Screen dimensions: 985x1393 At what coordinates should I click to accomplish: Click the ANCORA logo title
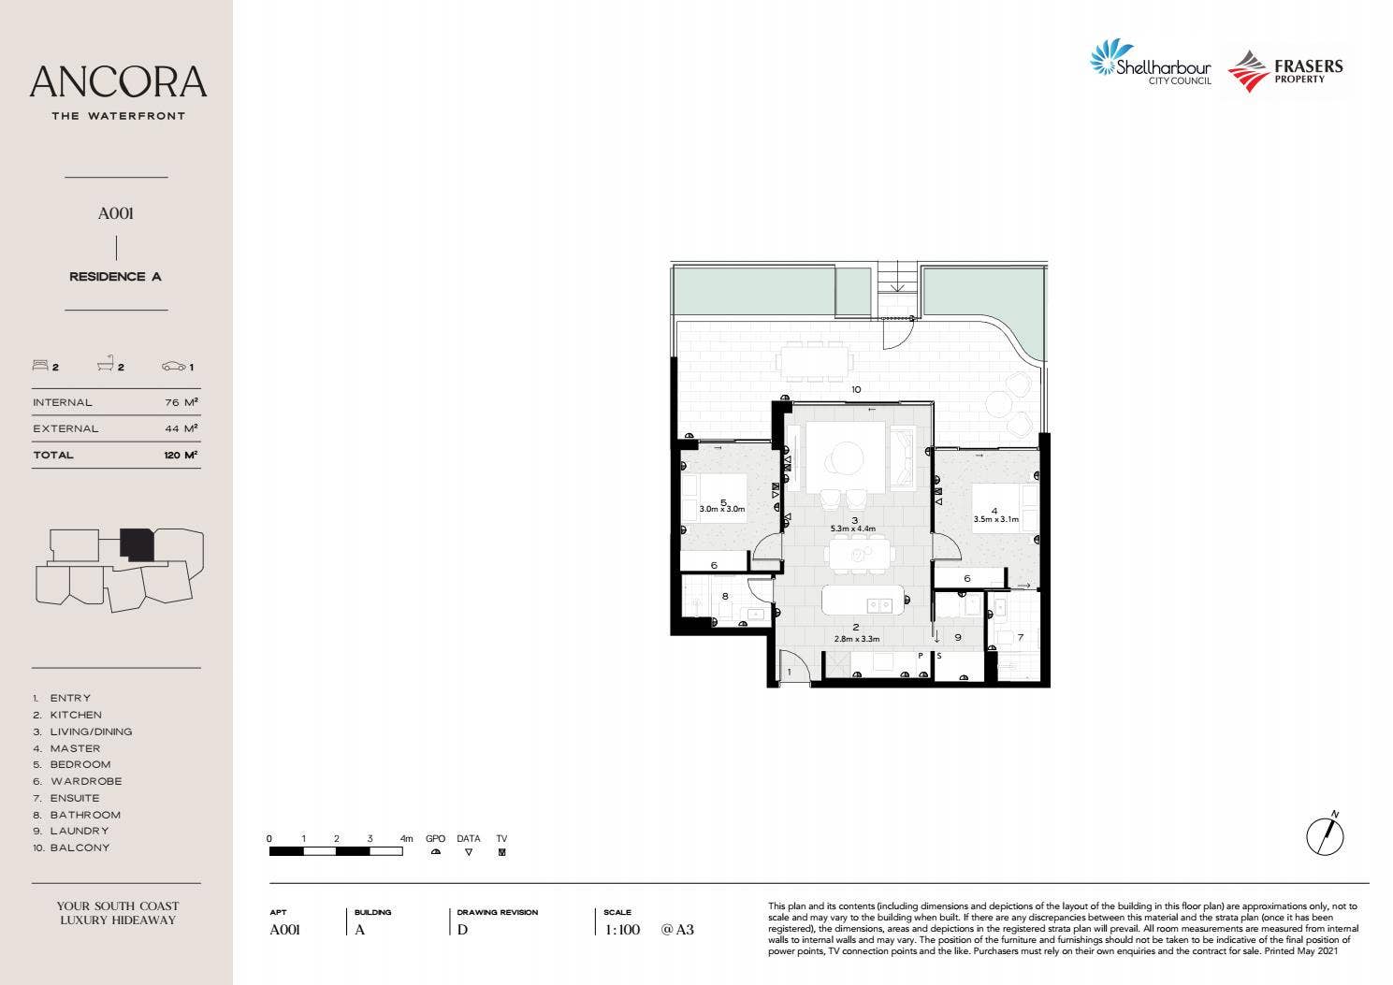[x=118, y=82]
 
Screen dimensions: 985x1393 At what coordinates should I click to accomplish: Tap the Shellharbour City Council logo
[x=1151, y=64]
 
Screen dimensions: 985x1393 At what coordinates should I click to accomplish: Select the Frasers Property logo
[x=1285, y=71]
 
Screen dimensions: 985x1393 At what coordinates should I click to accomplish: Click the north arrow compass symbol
[x=1325, y=834]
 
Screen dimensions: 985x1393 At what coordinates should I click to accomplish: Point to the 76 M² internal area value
[x=181, y=402]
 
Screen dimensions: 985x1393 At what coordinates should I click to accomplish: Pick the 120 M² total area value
[x=180, y=455]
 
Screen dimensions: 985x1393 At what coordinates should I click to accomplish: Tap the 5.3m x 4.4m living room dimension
[x=853, y=529]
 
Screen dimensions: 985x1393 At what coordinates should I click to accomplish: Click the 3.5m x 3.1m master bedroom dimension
[x=995, y=519]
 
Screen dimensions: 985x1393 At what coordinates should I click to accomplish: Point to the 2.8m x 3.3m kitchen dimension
[x=856, y=639]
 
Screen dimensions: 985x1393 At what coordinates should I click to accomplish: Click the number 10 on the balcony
[x=855, y=389]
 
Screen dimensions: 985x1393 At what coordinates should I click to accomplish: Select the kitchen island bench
[x=863, y=601]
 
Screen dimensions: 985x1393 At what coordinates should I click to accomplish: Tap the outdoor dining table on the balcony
[x=815, y=361]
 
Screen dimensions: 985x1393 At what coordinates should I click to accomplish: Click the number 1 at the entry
[x=789, y=672]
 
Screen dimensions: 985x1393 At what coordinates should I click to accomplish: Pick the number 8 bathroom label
[x=725, y=596]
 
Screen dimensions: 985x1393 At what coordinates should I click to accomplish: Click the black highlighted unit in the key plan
[x=137, y=544]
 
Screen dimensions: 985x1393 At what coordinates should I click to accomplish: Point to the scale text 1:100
[x=622, y=930]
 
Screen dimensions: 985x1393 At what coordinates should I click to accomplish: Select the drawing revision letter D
[x=462, y=930]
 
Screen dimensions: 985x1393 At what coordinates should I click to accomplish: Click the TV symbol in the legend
[x=501, y=852]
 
